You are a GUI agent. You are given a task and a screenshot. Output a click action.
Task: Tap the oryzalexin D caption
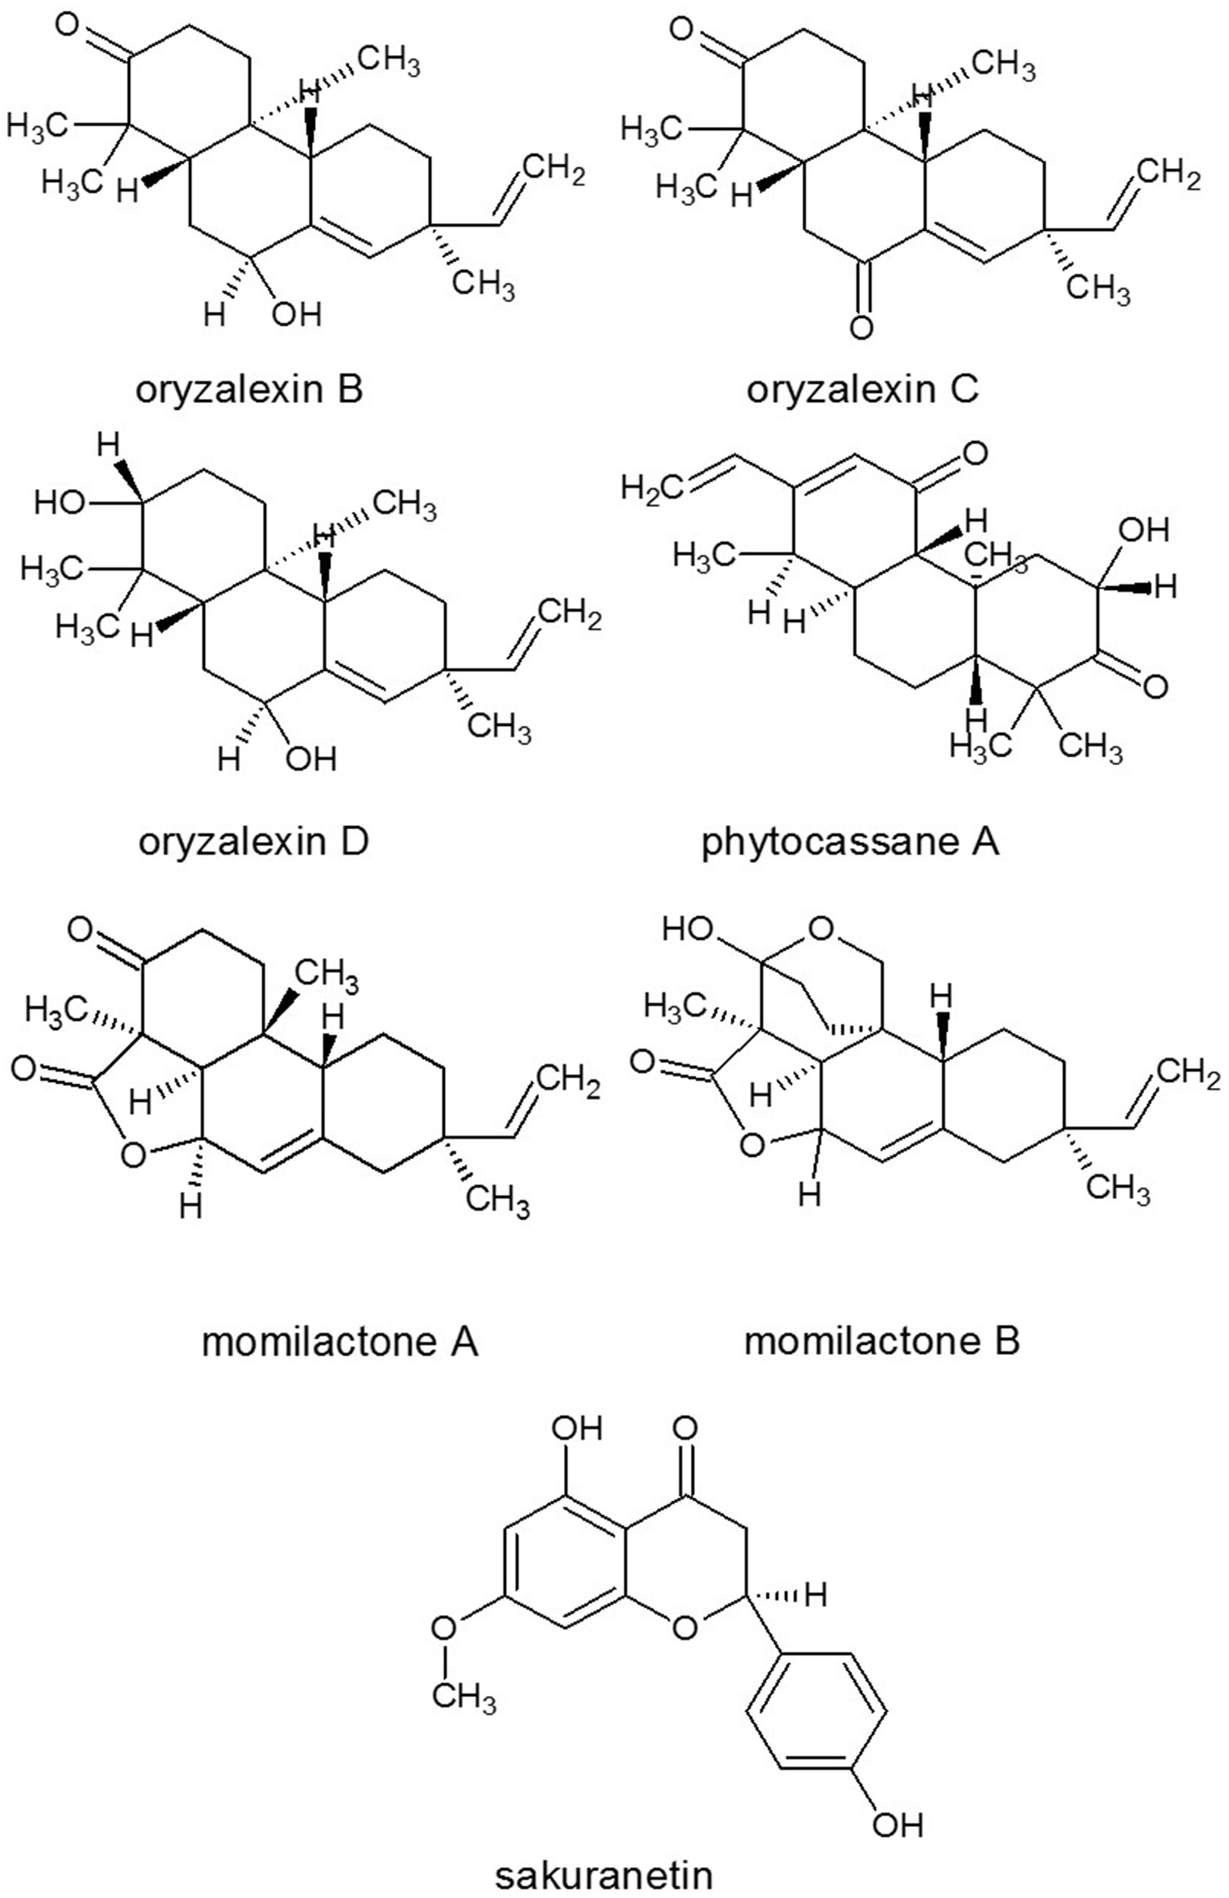(254, 842)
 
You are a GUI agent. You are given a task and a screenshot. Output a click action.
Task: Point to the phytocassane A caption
(850, 842)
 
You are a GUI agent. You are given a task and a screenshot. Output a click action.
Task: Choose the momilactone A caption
(340, 1342)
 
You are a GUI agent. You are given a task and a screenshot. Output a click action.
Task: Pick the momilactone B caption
(881, 1342)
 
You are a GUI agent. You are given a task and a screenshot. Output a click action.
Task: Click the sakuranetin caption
(603, 1874)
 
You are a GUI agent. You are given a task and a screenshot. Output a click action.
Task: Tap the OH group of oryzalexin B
(296, 314)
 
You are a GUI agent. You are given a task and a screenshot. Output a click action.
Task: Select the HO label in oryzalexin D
(60, 503)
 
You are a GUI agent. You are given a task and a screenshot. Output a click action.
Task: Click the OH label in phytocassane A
(1143, 529)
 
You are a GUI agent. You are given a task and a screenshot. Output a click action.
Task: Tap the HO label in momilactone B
(688, 930)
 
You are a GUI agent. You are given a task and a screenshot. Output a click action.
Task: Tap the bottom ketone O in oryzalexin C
(862, 327)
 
